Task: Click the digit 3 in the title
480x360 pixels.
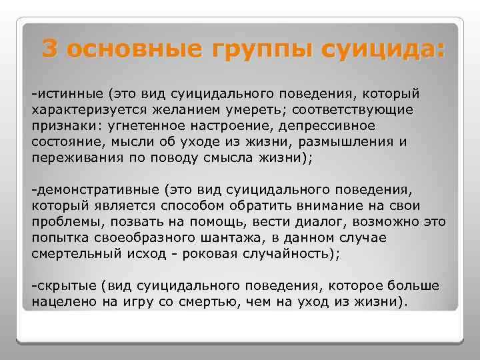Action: click(50, 49)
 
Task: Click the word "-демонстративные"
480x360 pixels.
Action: click(95, 191)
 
